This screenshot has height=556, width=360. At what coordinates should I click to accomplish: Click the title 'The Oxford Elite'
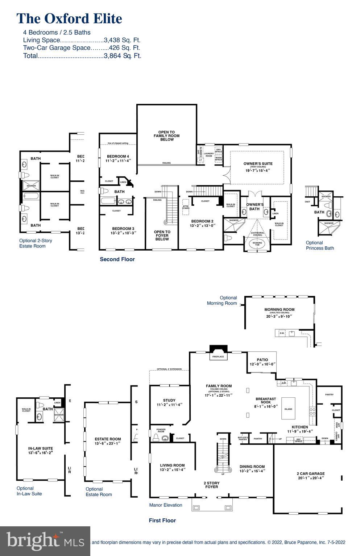tap(69, 18)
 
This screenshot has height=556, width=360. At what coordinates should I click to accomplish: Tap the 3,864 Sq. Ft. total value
tap(122, 56)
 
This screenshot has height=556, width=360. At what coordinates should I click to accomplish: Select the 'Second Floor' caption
tap(117, 259)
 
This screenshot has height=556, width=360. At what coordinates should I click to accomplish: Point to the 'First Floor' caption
tap(162, 521)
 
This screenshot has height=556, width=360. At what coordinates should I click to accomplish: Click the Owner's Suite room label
tap(258, 164)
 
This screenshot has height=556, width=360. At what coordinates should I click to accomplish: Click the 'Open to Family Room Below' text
tap(166, 136)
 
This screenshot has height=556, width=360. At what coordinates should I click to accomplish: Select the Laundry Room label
tap(209, 155)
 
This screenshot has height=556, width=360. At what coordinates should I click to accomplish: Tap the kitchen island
tap(288, 409)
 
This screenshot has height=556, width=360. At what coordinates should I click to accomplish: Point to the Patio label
tap(262, 360)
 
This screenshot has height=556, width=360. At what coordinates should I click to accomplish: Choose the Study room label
tap(169, 400)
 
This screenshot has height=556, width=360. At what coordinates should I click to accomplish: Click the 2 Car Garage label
tap(311, 473)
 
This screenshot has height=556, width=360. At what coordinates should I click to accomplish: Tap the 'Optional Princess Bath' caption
tap(320, 246)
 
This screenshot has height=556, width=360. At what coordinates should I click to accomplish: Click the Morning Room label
tap(279, 310)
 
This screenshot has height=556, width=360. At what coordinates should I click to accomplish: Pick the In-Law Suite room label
tap(40, 448)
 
